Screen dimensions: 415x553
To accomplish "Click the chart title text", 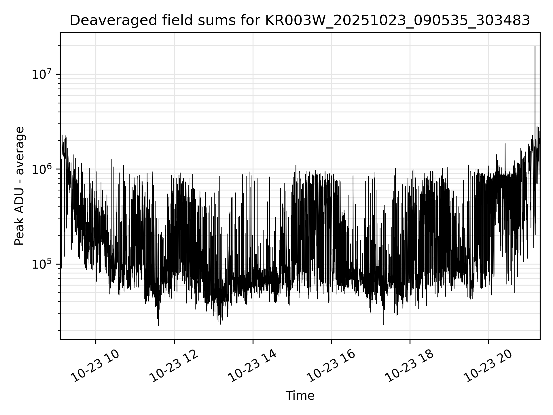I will [x=300, y=20].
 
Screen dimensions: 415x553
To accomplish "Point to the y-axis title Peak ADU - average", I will [x=20, y=186].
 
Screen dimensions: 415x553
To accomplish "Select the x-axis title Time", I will [x=300, y=396].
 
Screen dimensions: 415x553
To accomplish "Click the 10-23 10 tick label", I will [x=95, y=366].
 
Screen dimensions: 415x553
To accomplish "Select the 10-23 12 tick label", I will [x=174, y=366].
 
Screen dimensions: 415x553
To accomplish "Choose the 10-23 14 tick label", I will [x=253, y=366].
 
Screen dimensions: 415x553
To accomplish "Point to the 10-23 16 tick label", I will [x=331, y=366].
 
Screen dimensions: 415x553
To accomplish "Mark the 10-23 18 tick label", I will [x=410, y=366].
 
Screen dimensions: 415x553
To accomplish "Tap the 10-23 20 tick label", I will [x=488, y=366].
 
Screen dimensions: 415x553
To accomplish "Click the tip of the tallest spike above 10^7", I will [x=535, y=46].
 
